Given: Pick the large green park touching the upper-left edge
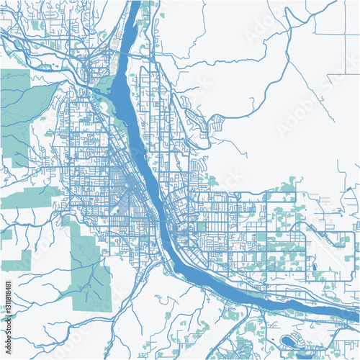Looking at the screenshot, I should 18,108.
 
